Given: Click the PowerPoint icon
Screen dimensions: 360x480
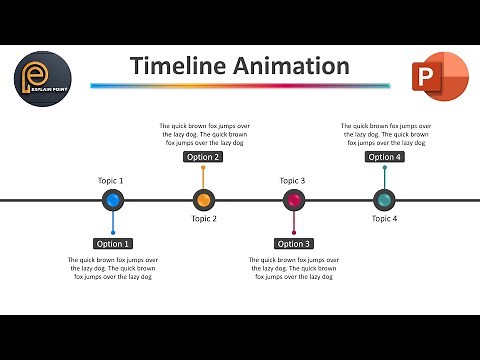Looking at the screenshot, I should tap(438, 79).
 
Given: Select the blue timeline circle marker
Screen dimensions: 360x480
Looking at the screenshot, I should tap(113, 200).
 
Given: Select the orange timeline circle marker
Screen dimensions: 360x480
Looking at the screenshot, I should tap(203, 200).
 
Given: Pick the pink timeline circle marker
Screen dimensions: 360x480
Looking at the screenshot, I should tap(294, 200).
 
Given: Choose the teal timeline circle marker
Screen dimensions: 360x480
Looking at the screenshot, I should tap(384, 200).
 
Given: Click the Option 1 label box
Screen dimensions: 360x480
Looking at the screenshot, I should tap(113, 243).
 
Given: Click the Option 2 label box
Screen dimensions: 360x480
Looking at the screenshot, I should tap(203, 157).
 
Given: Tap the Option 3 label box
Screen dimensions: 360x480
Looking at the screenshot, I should tap(294, 243).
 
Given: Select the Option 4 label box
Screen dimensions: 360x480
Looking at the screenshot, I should tap(384, 157).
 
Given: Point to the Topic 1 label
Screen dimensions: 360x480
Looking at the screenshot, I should tap(111, 180).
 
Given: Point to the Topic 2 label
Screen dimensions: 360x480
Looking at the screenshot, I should tap(204, 218).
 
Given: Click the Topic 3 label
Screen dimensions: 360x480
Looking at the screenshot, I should tap(292, 180).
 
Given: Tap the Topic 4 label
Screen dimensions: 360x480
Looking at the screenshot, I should tap(385, 218).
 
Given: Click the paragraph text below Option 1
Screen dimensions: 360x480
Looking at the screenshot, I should tap(114, 268).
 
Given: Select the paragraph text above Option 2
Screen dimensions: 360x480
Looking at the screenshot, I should tap(204, 134).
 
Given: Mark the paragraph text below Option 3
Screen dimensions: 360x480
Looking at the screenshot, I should tap(294, 268).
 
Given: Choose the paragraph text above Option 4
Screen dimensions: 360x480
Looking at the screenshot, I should tap(385, 134).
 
